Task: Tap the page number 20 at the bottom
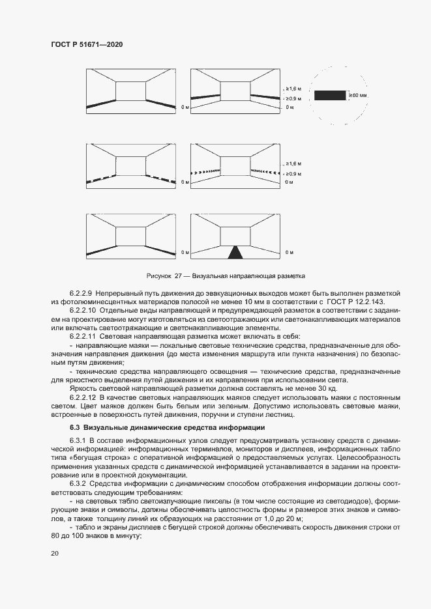point(54,553)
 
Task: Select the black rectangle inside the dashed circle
point(330,95)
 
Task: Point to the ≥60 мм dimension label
point(358,95)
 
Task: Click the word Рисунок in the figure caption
point(164,276)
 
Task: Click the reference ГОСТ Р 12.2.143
point(356,303)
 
